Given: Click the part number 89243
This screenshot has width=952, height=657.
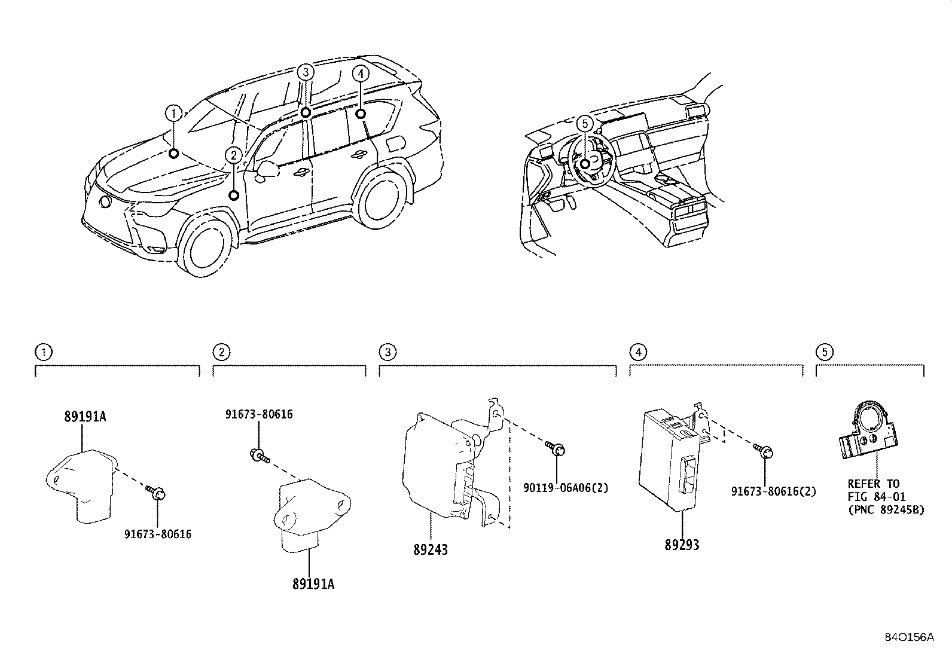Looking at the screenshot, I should [430, 549].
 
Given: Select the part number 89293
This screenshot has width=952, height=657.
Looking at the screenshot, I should [681, 545].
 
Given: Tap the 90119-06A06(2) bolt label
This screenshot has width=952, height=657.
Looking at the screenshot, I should [566, 488].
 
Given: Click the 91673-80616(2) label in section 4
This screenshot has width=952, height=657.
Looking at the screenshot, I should [773, 491].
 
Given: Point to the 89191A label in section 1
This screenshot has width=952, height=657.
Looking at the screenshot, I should [85, 417].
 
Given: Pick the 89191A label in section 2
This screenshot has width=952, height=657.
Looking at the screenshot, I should [313, 584].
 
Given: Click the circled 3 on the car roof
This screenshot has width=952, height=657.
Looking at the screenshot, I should [305, 72].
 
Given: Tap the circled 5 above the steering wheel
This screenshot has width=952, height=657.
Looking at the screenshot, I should [585, 123].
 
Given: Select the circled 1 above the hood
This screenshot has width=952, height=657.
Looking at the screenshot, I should [173, 113].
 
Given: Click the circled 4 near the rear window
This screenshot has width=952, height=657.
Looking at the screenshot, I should [359, 73].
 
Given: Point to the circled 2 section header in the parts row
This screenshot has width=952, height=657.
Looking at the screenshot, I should [221, 352].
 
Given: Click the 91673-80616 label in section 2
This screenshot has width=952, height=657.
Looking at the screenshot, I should [259, 414].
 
